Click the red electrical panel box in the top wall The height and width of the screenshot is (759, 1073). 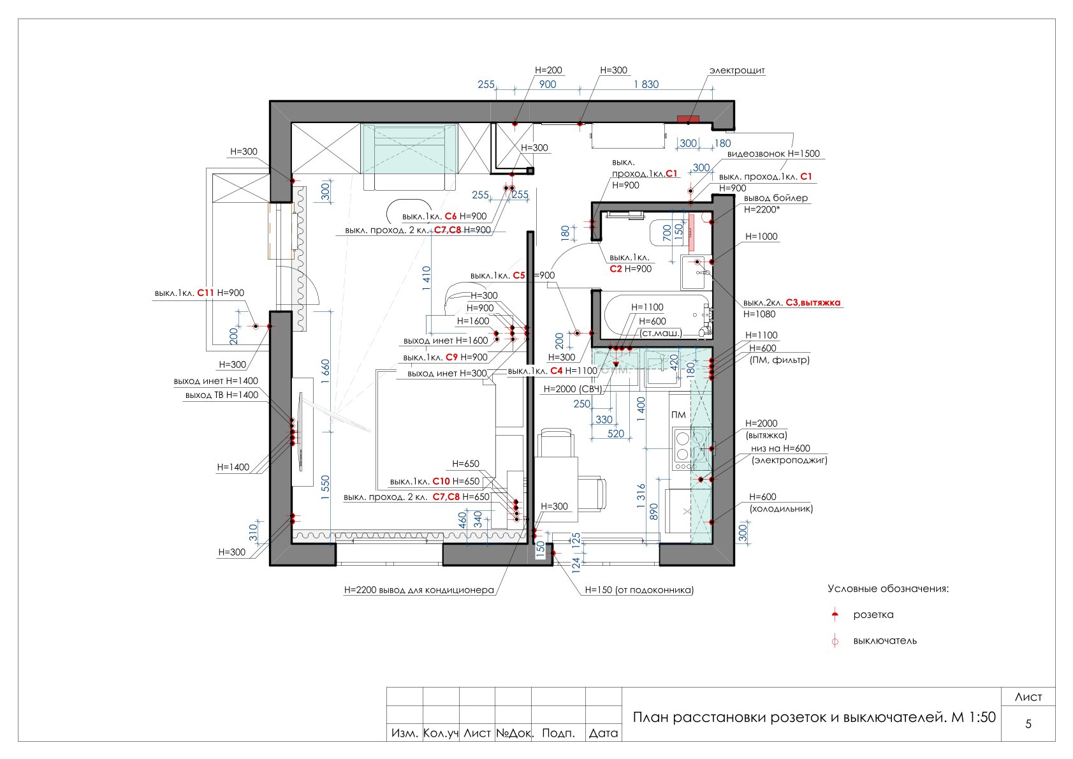(688, 119)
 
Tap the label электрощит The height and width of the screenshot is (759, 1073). (737, 70)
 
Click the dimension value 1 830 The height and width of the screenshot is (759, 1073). (646, 84)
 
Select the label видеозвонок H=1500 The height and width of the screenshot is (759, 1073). (773, 154)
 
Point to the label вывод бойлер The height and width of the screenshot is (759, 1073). (775, 198)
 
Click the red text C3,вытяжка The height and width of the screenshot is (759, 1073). (813, 303)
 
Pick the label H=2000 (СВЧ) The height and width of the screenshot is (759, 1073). (573, 389)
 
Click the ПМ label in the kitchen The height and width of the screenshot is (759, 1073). (678, 415)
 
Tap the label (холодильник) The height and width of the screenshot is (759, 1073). (781, 509)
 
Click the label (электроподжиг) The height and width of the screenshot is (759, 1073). (789, 461)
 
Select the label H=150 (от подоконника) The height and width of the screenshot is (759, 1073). (639, 591)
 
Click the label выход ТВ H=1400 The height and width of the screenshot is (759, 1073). (222, 395)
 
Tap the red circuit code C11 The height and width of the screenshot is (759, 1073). (205, 293)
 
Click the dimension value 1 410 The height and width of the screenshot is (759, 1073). (427, 278)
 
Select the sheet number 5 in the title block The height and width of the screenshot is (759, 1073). (1028, 723)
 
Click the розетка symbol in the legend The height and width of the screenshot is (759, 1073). (835, 615)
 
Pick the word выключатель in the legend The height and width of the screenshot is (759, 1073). (885, 641)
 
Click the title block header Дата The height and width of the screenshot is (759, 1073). (603, 733)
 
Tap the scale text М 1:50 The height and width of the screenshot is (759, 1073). (974, 718)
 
